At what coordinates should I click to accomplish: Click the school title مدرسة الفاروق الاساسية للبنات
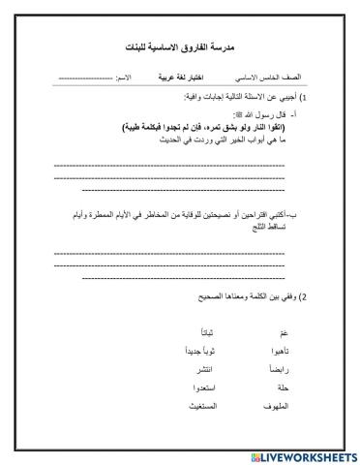(180, 46)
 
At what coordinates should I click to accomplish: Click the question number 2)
(303, 294)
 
